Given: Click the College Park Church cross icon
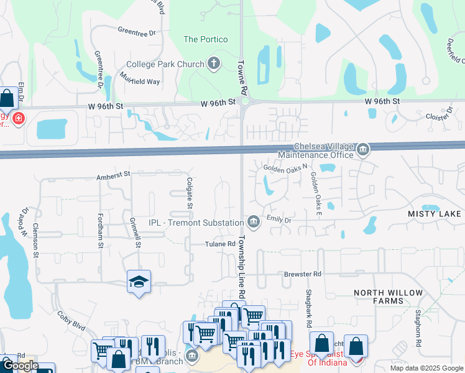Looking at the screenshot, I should [214, 63].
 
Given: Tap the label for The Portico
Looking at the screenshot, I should [205, 39].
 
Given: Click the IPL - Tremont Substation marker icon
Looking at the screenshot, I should [253, 222].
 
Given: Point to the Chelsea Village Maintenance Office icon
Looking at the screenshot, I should [363, 149].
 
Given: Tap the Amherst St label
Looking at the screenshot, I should [113, 177].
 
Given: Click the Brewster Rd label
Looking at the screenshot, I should [303, 274].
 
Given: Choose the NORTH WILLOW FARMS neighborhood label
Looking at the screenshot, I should [389, 297].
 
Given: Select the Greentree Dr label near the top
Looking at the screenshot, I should [136, 31].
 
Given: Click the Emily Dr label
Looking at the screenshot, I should [279, 219].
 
